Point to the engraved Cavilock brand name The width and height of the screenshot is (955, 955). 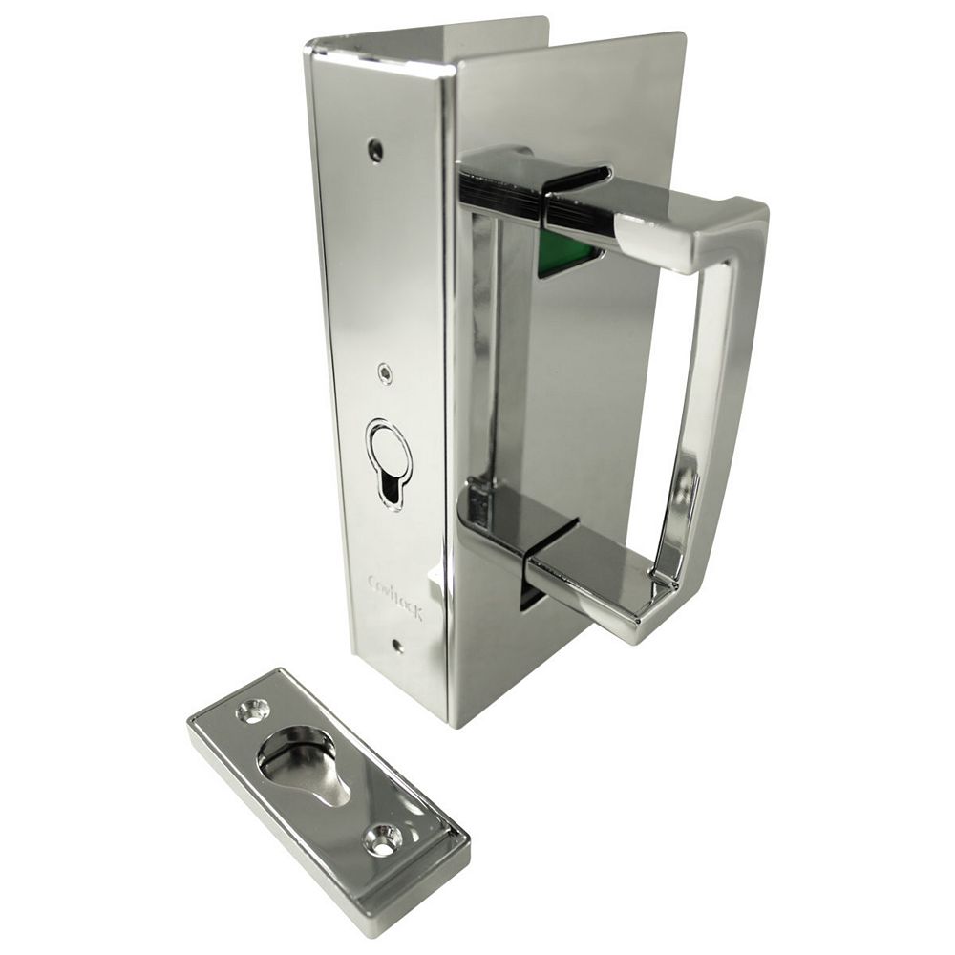395,597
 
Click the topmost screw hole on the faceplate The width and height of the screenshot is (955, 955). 376,150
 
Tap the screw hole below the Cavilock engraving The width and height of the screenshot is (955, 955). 397,647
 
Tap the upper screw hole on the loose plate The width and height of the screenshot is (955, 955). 254,710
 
